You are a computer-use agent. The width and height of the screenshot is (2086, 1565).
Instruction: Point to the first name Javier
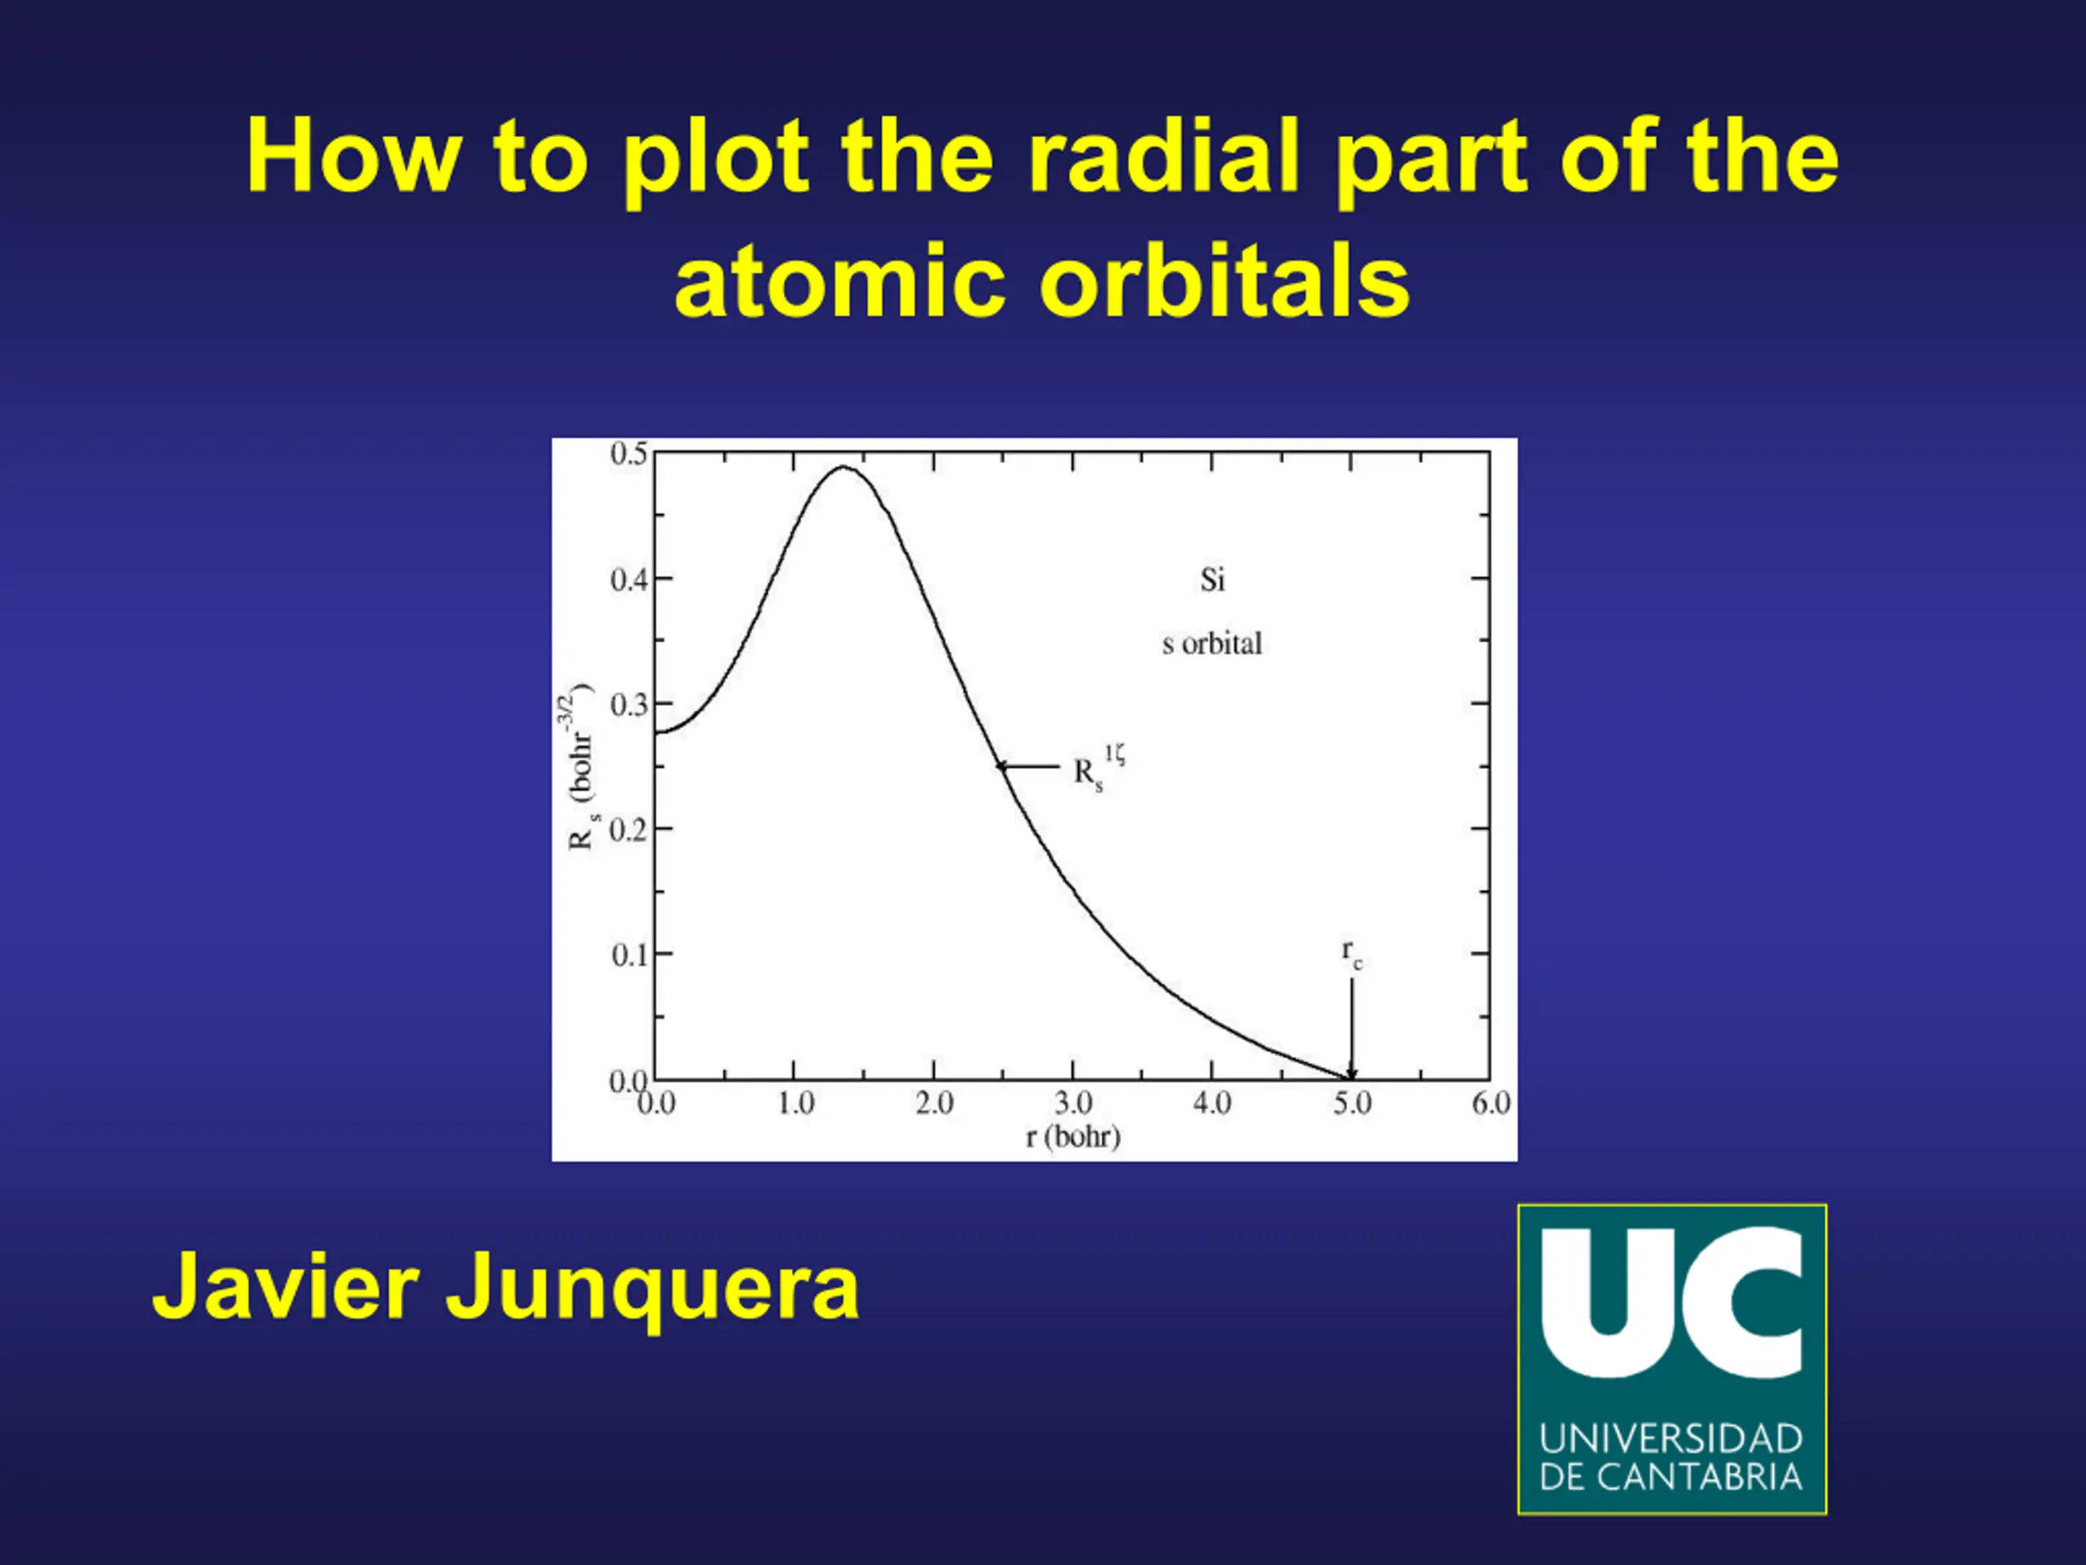[285, 1285]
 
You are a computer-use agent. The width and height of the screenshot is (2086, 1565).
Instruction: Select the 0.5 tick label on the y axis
[629, 454]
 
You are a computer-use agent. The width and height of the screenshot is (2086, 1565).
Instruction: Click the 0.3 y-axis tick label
[629, 705]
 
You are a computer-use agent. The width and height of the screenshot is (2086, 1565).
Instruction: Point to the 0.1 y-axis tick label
[629, 954]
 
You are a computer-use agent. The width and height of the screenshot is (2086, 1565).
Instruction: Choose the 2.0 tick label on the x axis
[934, 1103]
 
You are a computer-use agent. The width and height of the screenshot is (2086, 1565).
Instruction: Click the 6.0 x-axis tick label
[1491, 1103]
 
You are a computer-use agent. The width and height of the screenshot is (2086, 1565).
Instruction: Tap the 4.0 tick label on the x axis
[1212, 1103]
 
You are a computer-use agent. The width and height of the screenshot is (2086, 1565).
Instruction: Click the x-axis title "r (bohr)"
[1073, 1137]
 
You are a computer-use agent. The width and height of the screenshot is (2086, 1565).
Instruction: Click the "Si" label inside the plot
[1212, 580]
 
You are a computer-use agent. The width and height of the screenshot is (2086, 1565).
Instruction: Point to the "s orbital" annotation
[1212, 643]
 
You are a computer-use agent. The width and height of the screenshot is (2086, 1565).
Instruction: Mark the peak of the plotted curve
[843, 467]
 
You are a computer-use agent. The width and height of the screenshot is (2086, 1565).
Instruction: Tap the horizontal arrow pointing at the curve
[1028, 766]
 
